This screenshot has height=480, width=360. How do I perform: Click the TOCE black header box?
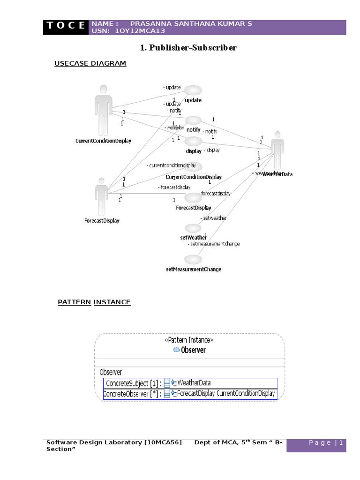pos(66,27)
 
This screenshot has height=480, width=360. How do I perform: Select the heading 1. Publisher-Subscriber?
pos(189,48)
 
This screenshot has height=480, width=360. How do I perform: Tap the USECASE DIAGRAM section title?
pos(90,63)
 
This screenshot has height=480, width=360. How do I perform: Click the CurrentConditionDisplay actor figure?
pos(103,110)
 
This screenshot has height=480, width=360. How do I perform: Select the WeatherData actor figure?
pos(277,150)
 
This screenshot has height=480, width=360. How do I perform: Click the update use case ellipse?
pos(193,90)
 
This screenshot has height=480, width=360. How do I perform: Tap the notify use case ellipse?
pos(193,120)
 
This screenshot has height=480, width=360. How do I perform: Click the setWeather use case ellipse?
pos(193,228)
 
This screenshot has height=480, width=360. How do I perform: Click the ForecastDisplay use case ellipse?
pos(193,198)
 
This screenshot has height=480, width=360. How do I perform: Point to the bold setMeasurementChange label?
pos(194,270)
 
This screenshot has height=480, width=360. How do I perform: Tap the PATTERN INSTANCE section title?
pos(94,302)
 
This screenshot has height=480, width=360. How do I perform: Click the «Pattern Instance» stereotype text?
pos(189,340)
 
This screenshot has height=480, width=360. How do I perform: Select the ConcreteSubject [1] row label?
pos(133,383)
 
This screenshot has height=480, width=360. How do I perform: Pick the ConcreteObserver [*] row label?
pos(132,394)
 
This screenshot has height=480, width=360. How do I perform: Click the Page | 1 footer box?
pos(316,443)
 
